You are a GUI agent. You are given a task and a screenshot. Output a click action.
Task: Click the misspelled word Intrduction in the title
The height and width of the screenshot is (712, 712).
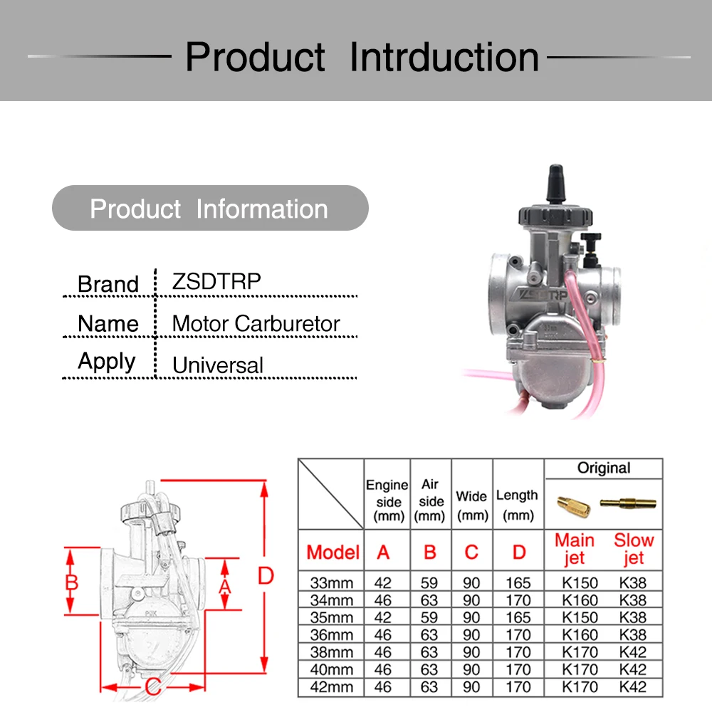tap(444, 57)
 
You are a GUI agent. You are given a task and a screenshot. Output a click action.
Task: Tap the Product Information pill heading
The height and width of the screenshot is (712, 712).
tap(209, 209)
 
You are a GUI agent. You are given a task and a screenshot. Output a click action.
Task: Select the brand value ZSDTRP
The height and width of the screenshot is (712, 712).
tap(216, 281)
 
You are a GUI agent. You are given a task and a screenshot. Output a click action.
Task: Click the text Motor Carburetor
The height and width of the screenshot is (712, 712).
tap(256, 323)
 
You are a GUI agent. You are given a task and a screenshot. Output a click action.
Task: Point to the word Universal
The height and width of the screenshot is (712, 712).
tap(218, 365)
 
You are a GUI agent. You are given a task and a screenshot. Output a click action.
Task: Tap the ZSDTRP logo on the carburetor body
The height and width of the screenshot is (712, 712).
tap(540, 294)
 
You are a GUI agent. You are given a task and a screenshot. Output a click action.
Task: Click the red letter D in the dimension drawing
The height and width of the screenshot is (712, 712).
tap(266, 575)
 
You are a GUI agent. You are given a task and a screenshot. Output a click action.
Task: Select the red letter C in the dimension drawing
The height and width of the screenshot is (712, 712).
tap(152, 687)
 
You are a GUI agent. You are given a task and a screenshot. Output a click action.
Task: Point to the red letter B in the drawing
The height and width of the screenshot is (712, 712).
tap(71, 582)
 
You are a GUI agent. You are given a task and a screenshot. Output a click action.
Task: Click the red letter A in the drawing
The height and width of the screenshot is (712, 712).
tap(225, 585)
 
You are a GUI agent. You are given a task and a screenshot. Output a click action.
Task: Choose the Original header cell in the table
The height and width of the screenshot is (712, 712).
tap(603, 468)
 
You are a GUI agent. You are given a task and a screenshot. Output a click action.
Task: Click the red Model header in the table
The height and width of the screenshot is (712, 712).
tap(333, 552)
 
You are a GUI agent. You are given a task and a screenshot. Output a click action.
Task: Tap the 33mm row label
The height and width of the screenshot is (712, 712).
tap(332, 583)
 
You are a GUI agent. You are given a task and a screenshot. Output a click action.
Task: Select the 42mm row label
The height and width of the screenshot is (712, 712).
tap(332, 687)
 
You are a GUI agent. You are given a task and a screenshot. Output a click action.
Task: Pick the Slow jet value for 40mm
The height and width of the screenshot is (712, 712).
tap(632, 670)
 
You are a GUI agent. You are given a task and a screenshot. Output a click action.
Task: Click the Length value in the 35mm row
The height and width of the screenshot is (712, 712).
tap(518, 617)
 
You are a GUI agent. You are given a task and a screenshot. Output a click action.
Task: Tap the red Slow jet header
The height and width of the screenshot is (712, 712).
tap(632, 548)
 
